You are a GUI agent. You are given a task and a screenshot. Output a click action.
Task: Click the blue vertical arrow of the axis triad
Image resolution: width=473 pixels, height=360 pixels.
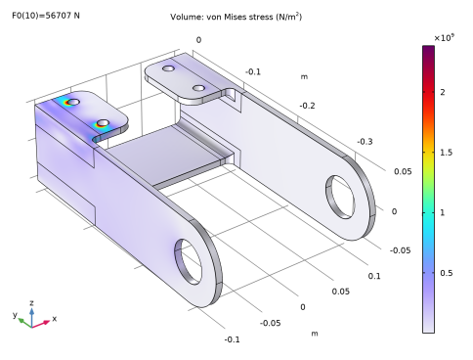click(31, 314)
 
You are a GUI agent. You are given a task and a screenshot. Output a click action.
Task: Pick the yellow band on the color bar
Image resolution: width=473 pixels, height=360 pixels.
click(428, 157)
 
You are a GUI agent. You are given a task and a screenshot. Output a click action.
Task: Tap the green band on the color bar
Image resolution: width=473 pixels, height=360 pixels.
click(428, 191)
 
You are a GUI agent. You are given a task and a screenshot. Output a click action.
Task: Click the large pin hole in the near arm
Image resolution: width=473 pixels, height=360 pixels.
click(191, 259)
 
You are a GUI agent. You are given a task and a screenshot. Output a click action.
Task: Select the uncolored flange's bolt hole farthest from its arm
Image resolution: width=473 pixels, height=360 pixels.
click(169, 71)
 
